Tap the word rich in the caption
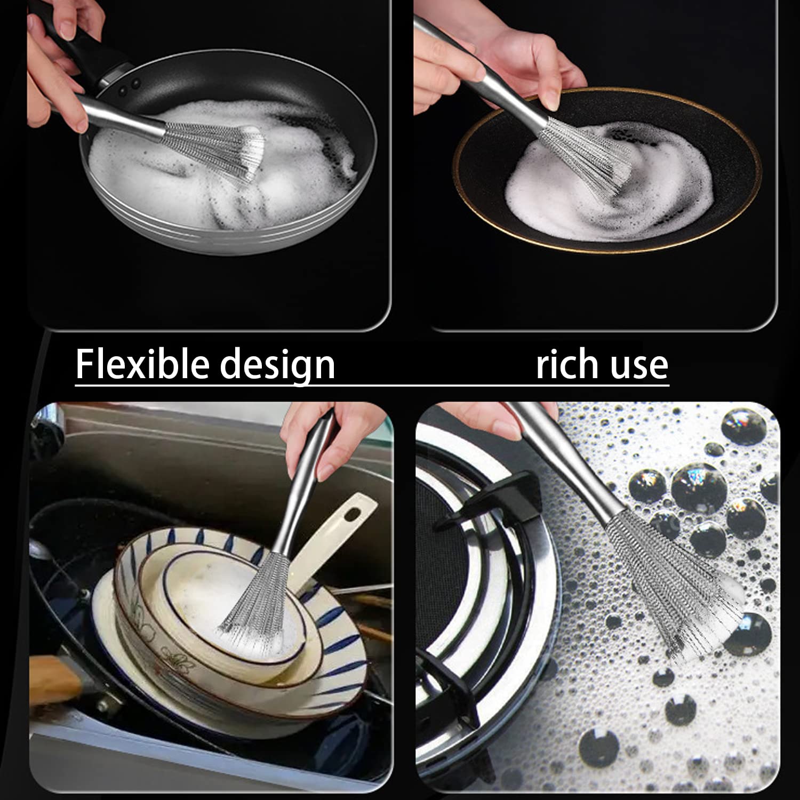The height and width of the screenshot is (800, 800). [x=566, y=364]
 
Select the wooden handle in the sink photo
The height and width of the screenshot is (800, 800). [x=53, y=677]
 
